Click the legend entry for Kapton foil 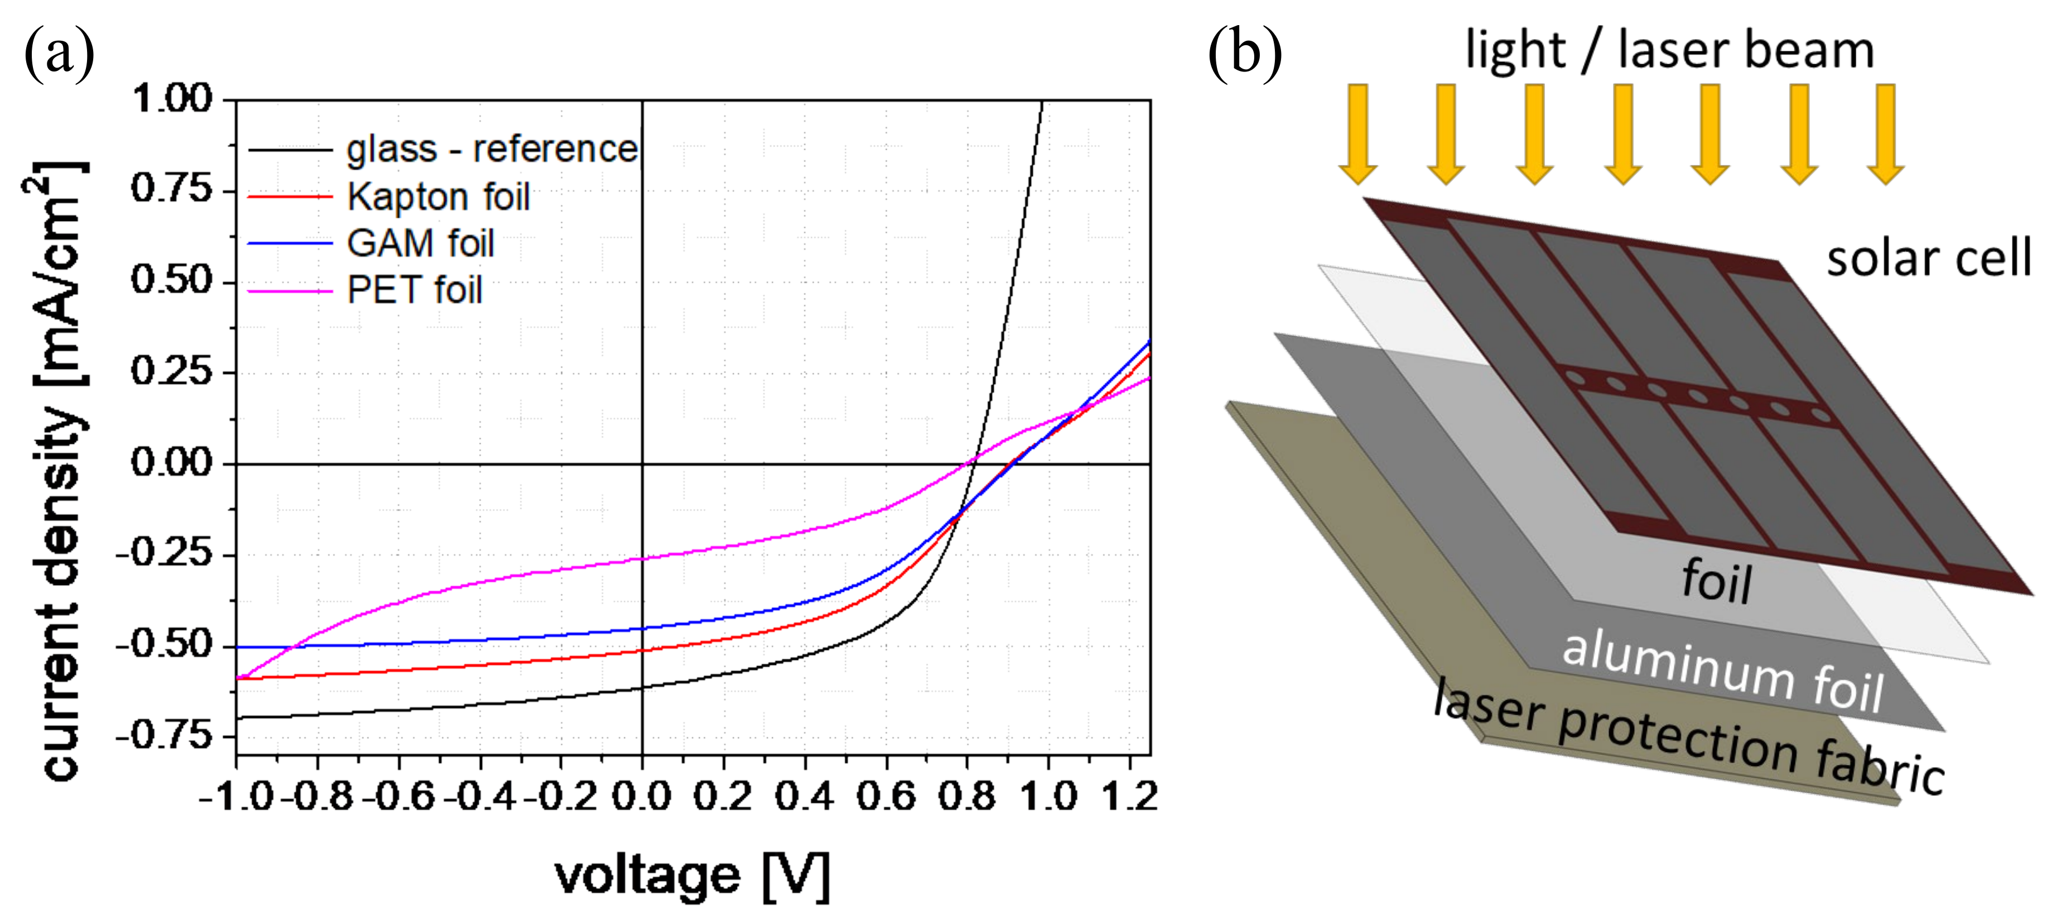438,197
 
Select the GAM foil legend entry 421,243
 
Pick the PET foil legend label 414,289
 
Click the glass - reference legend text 492,149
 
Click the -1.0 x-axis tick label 236,796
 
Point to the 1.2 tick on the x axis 1129,796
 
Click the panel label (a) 60,52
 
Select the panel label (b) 1245,52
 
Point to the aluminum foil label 1722,671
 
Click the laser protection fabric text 1688,736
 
